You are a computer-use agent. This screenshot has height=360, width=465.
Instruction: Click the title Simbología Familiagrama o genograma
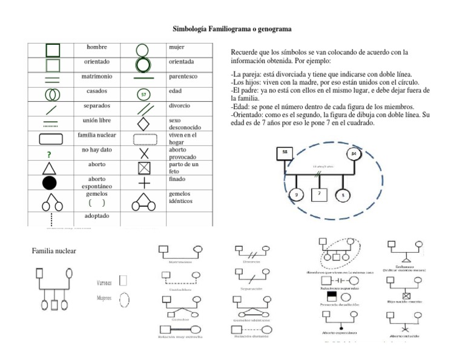(232, 28)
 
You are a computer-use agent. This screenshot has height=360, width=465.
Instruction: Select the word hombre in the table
(96, 47)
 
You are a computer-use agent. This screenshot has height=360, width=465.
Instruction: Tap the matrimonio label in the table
(98, 78)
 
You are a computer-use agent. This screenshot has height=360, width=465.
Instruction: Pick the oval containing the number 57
(143, 95)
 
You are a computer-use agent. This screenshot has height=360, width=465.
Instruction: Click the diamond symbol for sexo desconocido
(143, 124)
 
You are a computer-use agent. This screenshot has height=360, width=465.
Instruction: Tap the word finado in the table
(178, 179)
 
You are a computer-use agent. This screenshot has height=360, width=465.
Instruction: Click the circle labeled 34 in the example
(354, 154)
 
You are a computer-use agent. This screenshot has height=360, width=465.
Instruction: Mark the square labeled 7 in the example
(319, 195)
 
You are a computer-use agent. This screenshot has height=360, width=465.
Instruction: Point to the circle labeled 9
(296, 195)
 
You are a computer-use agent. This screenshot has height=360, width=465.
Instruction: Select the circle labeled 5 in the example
(343, 195)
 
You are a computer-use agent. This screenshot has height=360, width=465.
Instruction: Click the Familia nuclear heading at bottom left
(54, 251)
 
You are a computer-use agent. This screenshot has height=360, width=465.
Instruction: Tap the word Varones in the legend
(105, 282)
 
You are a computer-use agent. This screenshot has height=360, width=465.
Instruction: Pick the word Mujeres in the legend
(106, 298)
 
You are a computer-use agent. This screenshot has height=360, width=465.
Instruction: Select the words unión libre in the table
(96, 121)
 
